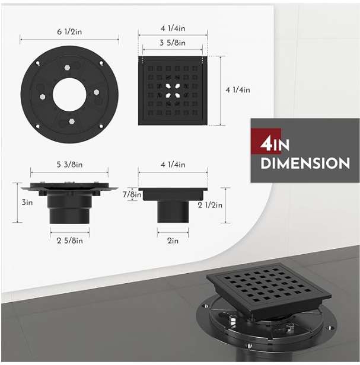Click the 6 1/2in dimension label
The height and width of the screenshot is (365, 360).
69,31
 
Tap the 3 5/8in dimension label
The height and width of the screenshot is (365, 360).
173,43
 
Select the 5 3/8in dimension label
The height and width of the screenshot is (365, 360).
69,165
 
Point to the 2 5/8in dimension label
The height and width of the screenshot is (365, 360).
69,241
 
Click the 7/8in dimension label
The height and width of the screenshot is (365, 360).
132,194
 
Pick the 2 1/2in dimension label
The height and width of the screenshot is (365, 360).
210,205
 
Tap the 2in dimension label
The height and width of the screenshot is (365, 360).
173,241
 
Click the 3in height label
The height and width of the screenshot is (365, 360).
27,203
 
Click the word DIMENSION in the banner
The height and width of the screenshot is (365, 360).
305,163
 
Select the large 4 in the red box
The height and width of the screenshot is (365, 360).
265,145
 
